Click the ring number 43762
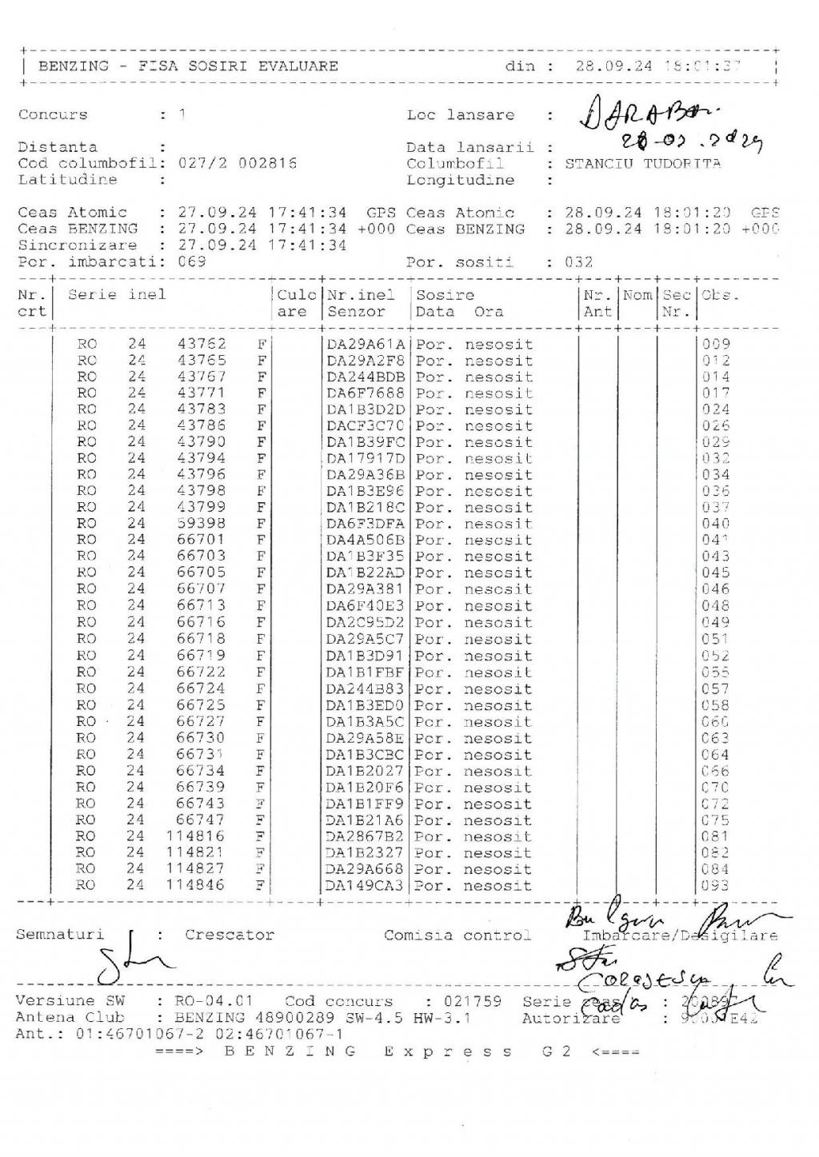(202, 344)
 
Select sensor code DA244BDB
(366, 377)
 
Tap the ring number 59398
(202, 524)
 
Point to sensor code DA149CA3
(366, 886)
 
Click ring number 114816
(196, 836)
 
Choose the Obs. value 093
(715, 886)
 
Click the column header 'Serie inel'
(117, 295)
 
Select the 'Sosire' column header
(445, 295)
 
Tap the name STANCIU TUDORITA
(642, 164)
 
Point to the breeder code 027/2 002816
(237, 163)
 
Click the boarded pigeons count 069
(192, 261)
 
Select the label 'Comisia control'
(457, 935)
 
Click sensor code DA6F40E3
(366, 605)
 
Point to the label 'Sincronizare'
(78, 245)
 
